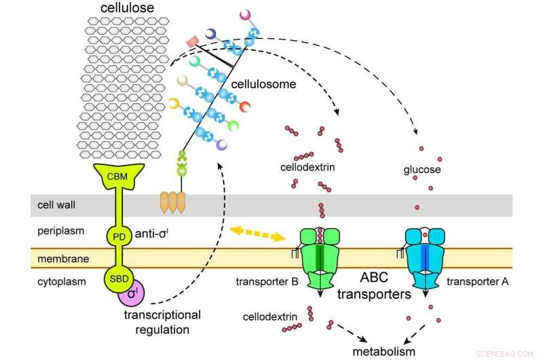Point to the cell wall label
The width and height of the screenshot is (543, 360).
point(52,204)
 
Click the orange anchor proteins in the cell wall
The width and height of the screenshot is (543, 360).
point(172,202)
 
